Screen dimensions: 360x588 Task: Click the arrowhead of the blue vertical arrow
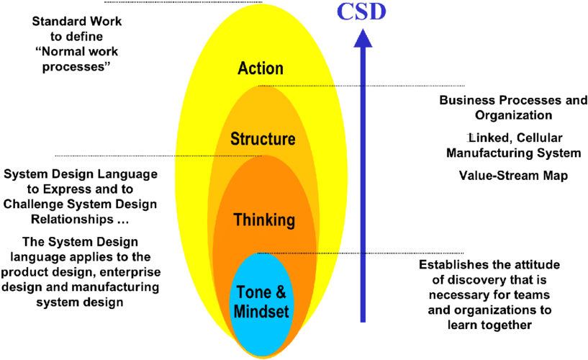tap(363, 37)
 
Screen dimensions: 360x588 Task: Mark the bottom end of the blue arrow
tap(363, 320)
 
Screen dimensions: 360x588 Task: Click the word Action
tap(261, 68)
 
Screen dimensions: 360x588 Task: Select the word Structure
tap(263, 139)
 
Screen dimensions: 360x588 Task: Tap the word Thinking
tap(264, 220)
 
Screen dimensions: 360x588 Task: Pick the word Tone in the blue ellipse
tap(253, 293)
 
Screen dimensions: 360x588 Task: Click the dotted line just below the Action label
tap(302, 86)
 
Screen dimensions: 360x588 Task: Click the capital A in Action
tap(243, 68)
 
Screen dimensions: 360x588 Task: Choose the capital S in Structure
tap(235, 139)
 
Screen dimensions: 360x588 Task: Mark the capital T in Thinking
tap(238, 220)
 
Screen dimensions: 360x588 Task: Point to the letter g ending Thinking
tap(290, 222)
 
